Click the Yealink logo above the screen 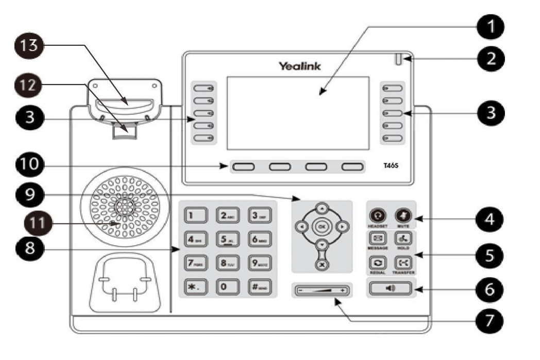pyautogui.click(x=299, y=66)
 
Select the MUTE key pyautogui.click(x=402, y=215)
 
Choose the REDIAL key pyautogui.click(x=377, y=263)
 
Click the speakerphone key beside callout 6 pyautogui.click(x=391, y=288)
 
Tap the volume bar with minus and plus pyautogui.click(x=322, y=290)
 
